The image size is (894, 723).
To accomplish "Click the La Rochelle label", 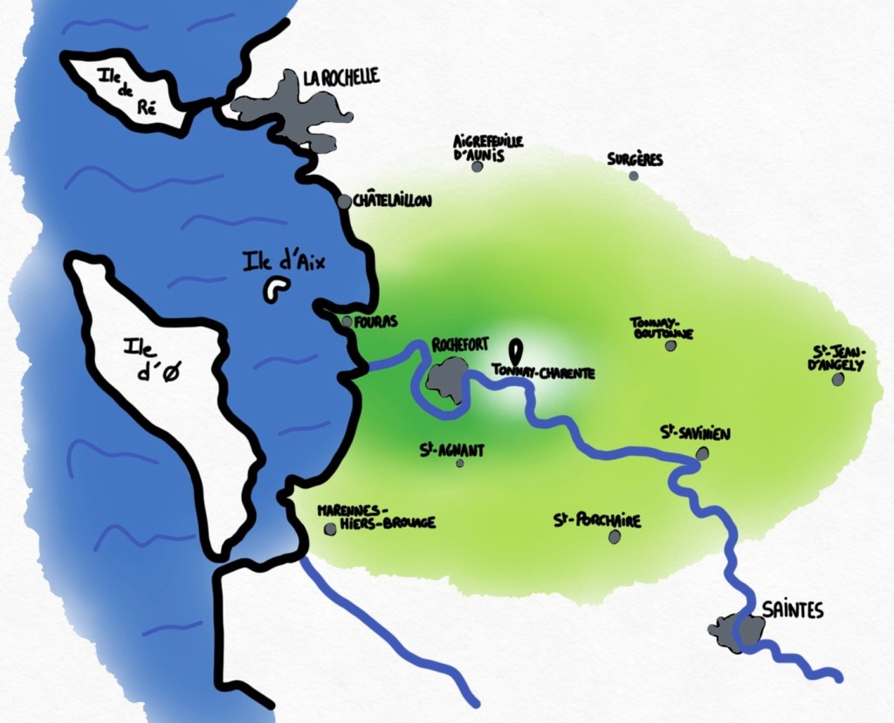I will point(341,78).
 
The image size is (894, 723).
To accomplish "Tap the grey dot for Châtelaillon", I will point(345,202).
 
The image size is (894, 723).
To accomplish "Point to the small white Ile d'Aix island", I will point(278,289).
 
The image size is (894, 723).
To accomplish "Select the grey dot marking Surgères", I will point(633,176).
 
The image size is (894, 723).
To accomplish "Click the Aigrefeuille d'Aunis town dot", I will point(478,166).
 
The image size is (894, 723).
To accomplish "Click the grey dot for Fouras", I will point(347,322).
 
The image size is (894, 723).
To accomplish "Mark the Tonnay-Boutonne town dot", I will point(670,346).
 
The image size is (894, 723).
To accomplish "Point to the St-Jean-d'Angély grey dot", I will point(838,380).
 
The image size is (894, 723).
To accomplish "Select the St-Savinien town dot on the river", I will point(703,453).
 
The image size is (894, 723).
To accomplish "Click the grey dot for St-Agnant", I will point(460,463).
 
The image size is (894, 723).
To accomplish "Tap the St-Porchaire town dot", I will point(615,538).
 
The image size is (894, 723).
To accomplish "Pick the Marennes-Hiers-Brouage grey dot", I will point(330,529).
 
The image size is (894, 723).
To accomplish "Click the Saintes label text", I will point(792,610).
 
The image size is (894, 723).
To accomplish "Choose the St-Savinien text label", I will point(696,433).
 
